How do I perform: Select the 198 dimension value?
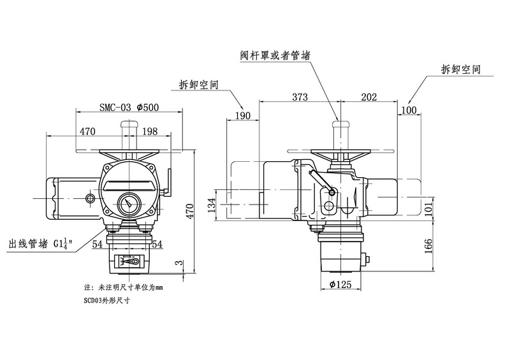[150, 131]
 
